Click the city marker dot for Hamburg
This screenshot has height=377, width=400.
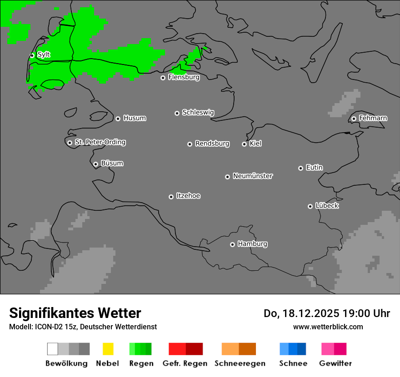(x=232, y=244)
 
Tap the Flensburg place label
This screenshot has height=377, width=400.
(x=184, y=77)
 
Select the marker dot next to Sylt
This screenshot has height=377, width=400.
(x=32, y=55)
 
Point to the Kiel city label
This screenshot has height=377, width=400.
(x=255, y=144)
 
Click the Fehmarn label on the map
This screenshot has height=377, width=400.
(x=373, y=118)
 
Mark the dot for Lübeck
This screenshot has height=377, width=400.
(x=310, y=206)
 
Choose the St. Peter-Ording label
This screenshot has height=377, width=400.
(x=100, y=142)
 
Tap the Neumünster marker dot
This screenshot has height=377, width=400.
(x=227, y=177)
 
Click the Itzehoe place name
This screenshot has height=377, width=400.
(x=188, y=196)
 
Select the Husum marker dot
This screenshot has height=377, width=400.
(x=118, y=119)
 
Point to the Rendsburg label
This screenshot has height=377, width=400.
(x=212, y=144)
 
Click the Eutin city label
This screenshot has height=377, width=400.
(x=314, y=168)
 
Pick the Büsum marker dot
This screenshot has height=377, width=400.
(x=95, y=164)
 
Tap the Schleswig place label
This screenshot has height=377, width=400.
(x=198, y=112)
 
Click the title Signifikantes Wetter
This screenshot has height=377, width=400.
(x=75, y=313)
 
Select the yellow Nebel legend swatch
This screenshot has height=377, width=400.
(x=108, y=349)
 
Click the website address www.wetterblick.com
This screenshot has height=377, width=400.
(x=328, y=327)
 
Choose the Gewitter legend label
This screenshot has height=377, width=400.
(x=335, y=363)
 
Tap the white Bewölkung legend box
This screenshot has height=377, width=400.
(x=52, y=349)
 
